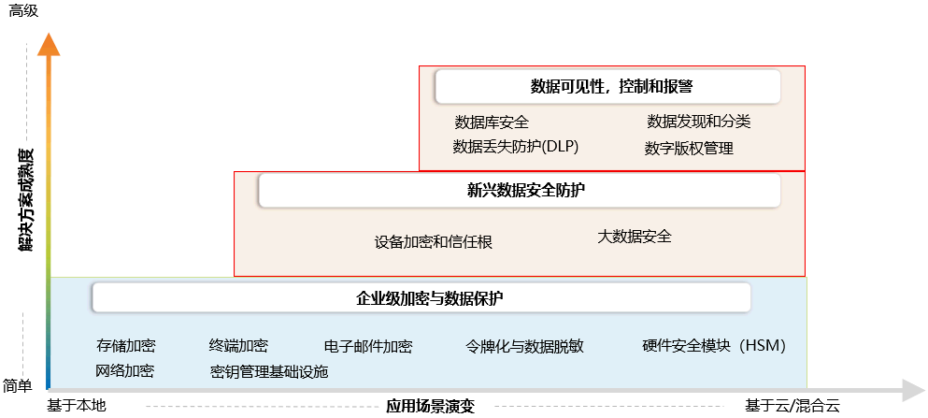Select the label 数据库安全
click(x=492, y=122)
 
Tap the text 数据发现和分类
click(x=698, y=122)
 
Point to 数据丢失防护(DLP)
click(x=516, y=147)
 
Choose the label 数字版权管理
click(x=689, y=148)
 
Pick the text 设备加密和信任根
click(x=433, y=241)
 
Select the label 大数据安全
click(x=634, y=237)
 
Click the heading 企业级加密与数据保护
click(x=429, y=298)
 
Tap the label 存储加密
click(x=125, y=345)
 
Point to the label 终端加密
click(x=238, y=345)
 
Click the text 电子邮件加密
click(x=367, y=346)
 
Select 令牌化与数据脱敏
click(x=524, y=346)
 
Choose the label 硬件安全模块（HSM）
click(x=714, y=345)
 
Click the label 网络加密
click(x=124, y=370)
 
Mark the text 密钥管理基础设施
click(x=269, y=371)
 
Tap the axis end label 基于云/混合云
click(x=792, y=406)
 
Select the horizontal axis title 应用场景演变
click(x=431, y=407)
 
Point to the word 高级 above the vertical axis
click(x=23, y=12)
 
